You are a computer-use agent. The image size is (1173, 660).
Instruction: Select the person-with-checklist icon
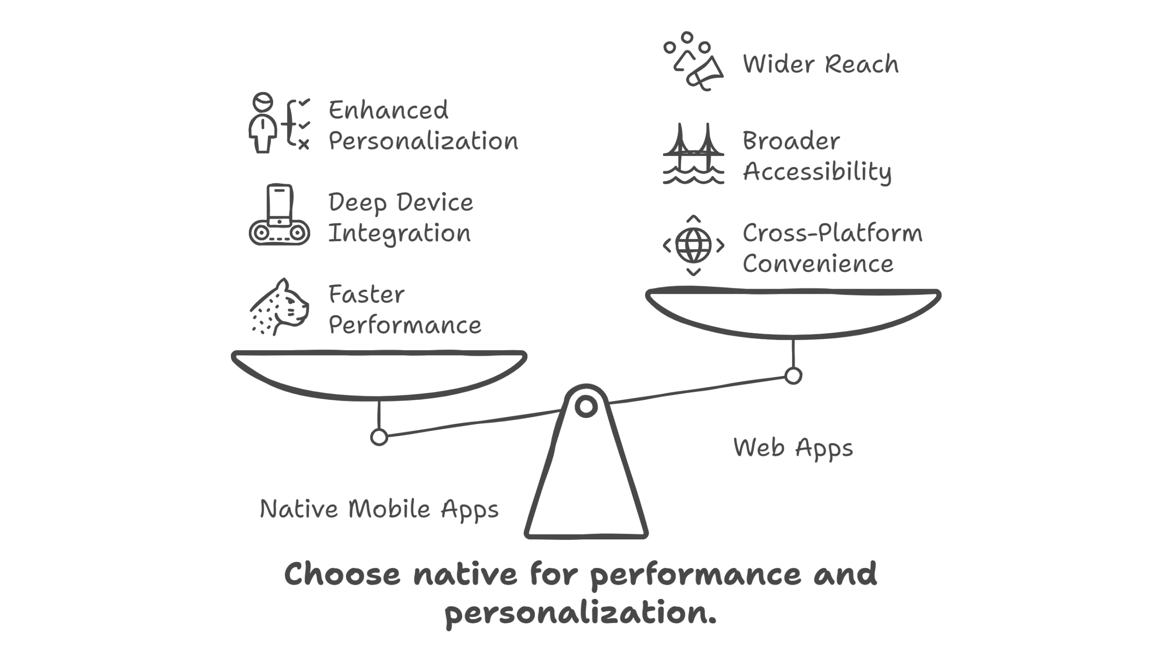tap(279, 123)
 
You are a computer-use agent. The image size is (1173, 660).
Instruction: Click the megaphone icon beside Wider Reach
tap(693, 62)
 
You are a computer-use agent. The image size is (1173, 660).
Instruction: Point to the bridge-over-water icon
tap(693, 154)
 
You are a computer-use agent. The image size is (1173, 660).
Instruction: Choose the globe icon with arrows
tap(693, 245)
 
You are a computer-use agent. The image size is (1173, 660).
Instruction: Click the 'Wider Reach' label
tap(820, 64)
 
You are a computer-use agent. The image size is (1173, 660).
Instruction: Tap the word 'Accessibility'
tap(817, 172)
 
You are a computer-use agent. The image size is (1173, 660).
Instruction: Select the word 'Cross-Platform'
tap(832, 233)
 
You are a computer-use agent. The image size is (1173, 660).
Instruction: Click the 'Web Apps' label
tap(793, 448)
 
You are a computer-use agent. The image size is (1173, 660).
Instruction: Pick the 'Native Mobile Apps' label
tap(379, 509)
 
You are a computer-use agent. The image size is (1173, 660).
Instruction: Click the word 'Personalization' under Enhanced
tap(423, 141)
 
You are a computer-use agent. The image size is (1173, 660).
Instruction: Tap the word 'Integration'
tap(399, 234)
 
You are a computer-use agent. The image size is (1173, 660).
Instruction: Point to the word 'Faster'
tap(366, 294)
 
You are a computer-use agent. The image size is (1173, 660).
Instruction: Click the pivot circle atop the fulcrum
tap(586, 407)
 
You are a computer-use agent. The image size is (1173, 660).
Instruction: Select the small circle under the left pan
tap(379, 437)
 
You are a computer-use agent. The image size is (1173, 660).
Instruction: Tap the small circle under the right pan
tap(793, 375)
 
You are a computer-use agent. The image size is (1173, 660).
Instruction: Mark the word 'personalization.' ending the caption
tap(580, 613)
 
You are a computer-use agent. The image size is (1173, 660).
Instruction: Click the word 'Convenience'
tap(818, 264)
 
